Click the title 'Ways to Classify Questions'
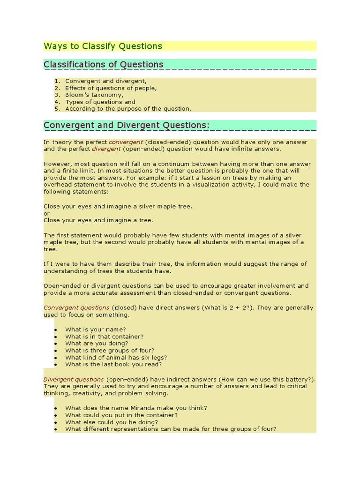103,46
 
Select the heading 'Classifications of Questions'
104,64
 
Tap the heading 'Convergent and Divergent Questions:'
126,125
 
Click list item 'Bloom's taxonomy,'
94,95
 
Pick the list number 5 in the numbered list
57,109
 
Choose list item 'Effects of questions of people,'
111,88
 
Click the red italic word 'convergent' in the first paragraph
125,142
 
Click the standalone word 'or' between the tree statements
46,213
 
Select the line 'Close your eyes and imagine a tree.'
98,220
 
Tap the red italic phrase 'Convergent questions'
76,308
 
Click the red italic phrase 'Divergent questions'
74,379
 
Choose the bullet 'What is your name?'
95,330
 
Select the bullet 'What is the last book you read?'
113,364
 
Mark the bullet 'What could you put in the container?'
121,415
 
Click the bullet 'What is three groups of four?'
110,350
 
